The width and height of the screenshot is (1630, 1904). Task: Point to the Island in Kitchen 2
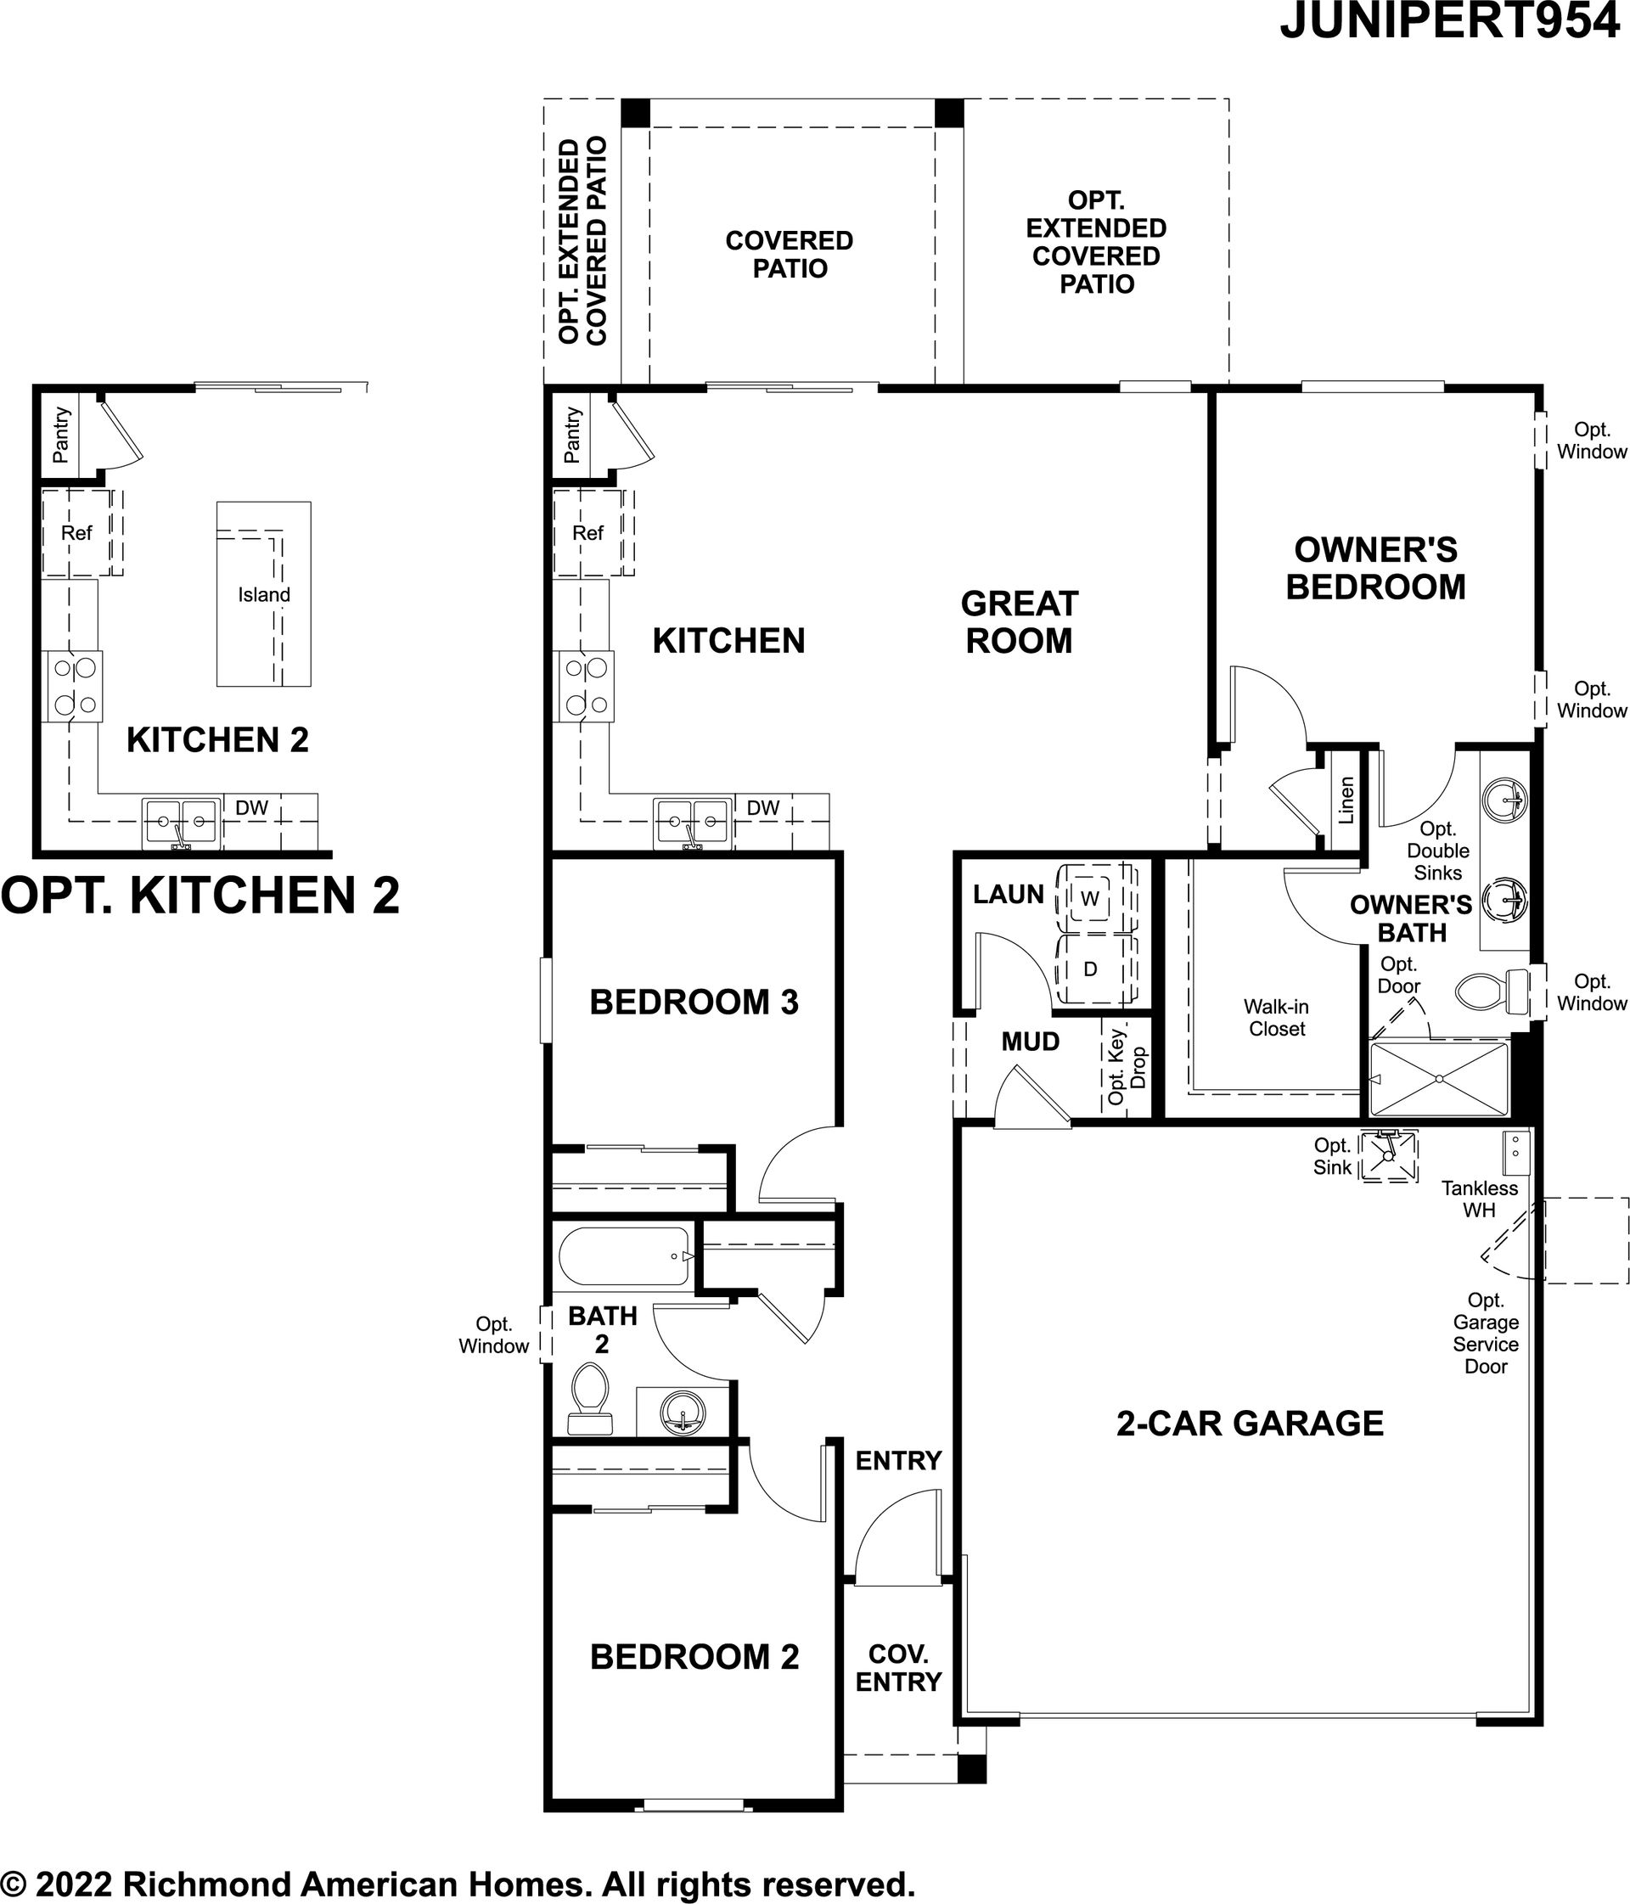(x=264, y=593)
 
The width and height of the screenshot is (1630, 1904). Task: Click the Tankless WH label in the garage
(x=1480, y=1199)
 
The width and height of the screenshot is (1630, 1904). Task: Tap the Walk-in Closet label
(x=1276, y=1017)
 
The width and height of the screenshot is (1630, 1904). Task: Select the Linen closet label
(x=1346, y=800)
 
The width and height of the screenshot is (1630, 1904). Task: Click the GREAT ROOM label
(x=1019, y=622)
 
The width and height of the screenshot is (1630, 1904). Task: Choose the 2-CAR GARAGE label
(x=1250, y=1424)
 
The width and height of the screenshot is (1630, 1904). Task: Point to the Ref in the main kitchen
(x=588, y=533)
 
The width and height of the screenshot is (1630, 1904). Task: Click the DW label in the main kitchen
(x=762, y=808)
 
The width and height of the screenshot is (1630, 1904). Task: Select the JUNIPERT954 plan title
(x=1450, y=21)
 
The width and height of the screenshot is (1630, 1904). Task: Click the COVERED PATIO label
(x=790, y=255)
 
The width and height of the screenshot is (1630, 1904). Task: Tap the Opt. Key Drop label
(x=1127, y=1066)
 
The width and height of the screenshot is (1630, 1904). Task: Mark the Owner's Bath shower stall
(x=1439, y=1079)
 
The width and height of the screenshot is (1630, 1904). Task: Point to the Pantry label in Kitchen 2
(x=60, y=435)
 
